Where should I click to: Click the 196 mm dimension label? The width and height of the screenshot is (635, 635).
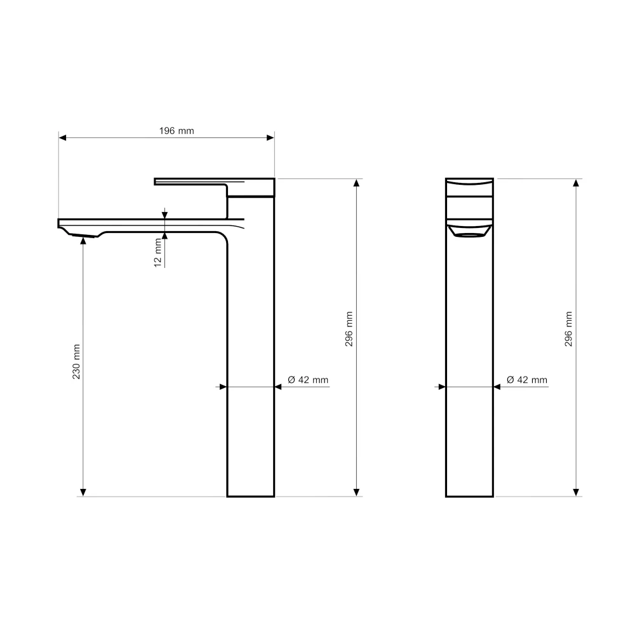pos(177,131)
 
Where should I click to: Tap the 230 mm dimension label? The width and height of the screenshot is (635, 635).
pos(76,362)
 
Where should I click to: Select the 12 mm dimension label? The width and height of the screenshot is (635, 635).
pos(158,253)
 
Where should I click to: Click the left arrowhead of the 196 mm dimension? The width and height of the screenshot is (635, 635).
pos(62,138)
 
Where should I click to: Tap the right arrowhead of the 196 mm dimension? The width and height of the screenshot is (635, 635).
pos(271,138)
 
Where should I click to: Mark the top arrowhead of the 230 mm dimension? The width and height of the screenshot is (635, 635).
pos(83,241)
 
